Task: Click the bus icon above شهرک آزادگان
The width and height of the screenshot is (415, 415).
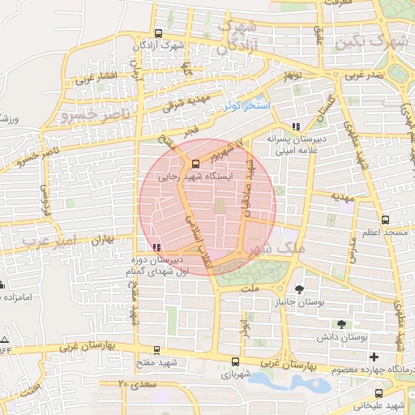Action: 157,34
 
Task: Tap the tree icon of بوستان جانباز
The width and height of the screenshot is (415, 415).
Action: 300,289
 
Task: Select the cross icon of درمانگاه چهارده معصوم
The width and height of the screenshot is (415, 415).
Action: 373,357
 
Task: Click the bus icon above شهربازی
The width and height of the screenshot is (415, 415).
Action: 234,362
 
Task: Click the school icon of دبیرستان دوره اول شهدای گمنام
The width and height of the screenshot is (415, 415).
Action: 156,246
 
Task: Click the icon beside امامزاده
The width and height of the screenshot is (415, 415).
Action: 3,285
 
